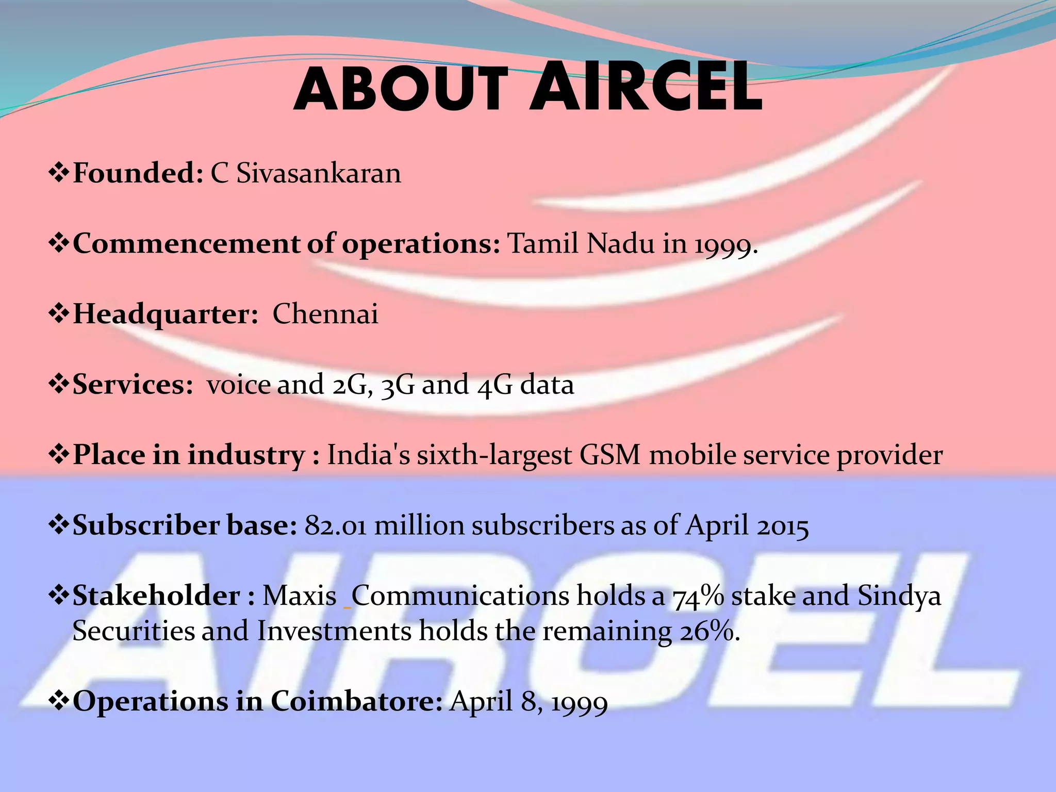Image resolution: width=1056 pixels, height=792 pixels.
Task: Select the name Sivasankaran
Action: click(x=319, y=173)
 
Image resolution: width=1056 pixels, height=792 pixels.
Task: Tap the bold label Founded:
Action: click(x=138, y=173)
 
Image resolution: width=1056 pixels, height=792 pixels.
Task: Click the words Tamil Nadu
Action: click(x=581, y=243)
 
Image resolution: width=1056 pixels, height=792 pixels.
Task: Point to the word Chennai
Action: click(x=325, y=314)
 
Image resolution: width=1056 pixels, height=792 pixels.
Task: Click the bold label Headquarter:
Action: click(x=166, y=314)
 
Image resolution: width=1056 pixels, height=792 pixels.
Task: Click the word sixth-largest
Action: click(x=494, y=455)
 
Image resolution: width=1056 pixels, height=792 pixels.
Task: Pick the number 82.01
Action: click(x=336, y=526)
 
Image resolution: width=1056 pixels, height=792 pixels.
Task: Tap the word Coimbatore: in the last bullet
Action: click(x=356, y=702)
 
